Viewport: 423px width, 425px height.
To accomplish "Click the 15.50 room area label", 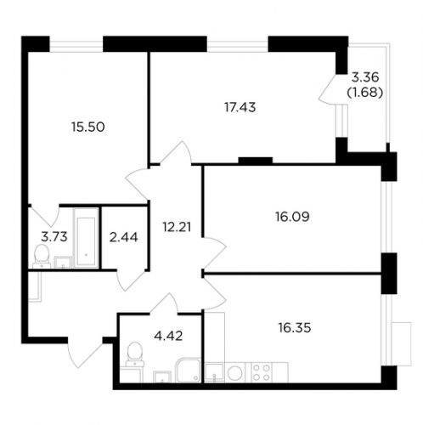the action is click(88, 127).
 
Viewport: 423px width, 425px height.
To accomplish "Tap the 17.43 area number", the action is click(240, 107).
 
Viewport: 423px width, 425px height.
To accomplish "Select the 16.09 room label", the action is click(292, 217).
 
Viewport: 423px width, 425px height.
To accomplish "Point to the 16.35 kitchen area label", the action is click(295, 328).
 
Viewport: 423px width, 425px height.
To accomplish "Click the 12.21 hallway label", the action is click(177, 227).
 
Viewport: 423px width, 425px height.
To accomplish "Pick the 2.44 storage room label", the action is click(124, 237).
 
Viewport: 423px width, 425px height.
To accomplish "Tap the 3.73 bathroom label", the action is click(54, 236).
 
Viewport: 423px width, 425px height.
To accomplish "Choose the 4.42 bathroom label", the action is click(168, 336).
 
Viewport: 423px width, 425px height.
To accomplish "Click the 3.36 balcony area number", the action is click(365, 76).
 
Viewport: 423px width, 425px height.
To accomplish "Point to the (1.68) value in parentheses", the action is click(365, 93).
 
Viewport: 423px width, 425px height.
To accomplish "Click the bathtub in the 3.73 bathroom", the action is click(86, 238).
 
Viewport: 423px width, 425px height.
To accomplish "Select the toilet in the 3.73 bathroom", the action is click(42, 257).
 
